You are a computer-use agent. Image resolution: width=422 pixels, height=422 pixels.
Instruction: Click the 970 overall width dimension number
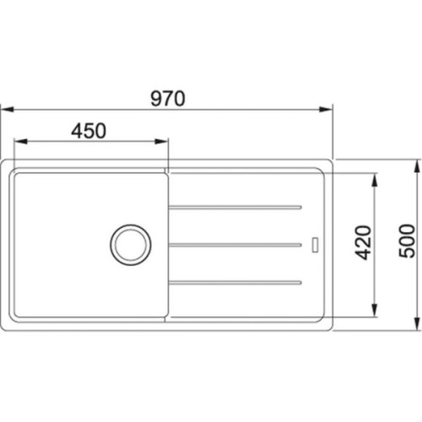(168, 98)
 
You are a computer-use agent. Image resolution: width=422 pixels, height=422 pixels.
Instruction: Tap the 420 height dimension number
(363, 244)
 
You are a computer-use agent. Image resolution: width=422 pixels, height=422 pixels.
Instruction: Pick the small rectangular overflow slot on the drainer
(316, 244)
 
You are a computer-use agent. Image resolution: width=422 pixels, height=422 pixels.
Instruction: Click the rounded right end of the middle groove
(300, 245)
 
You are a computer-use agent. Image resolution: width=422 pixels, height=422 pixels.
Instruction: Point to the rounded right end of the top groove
(300, 207)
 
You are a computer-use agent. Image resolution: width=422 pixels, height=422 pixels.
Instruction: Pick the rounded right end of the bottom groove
(300, 282)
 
